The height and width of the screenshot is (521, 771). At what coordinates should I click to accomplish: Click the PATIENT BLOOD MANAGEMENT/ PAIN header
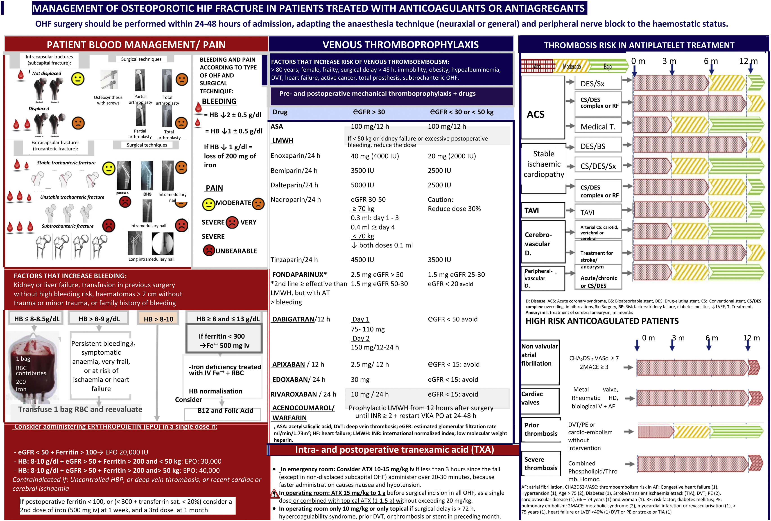[x=136, y=45]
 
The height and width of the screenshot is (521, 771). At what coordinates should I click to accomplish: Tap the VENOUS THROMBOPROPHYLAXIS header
[x=400, y=45]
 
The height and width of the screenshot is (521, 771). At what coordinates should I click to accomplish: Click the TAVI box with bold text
[x=543, y=210]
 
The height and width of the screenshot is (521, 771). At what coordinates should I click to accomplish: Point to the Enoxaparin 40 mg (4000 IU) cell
[x=375, y=156]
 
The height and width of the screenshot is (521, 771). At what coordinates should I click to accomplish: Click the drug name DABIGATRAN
[x=293, y=319]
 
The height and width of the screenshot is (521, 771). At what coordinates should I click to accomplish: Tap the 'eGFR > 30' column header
[x=369, y=112]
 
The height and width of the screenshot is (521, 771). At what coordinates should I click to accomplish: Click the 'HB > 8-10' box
[x=158, y=319]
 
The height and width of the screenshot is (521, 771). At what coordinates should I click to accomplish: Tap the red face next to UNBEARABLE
[x=209, y=250]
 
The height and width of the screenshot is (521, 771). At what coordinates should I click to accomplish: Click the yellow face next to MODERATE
[x=209, y=204]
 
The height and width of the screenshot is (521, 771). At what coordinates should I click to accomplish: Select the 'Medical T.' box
[x=598, y=127]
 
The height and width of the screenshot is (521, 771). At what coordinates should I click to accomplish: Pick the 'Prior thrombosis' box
[x=541, y=429]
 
